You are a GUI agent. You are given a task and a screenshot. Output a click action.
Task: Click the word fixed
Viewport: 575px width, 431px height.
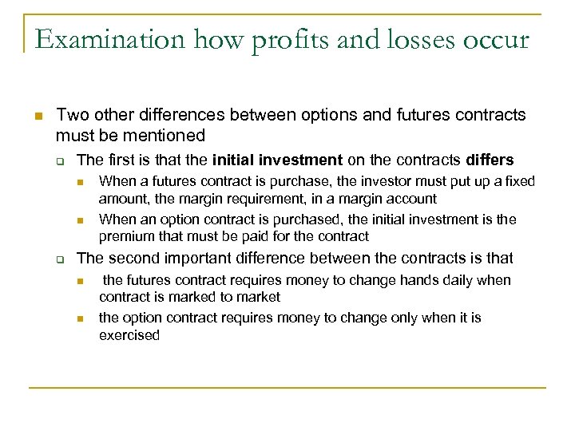[x=520, y=181]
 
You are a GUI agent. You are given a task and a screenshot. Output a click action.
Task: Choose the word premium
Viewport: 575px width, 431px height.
[x=122, y=236]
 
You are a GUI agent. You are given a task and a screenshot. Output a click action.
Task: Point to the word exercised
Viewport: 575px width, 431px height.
[x=129, y=335]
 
